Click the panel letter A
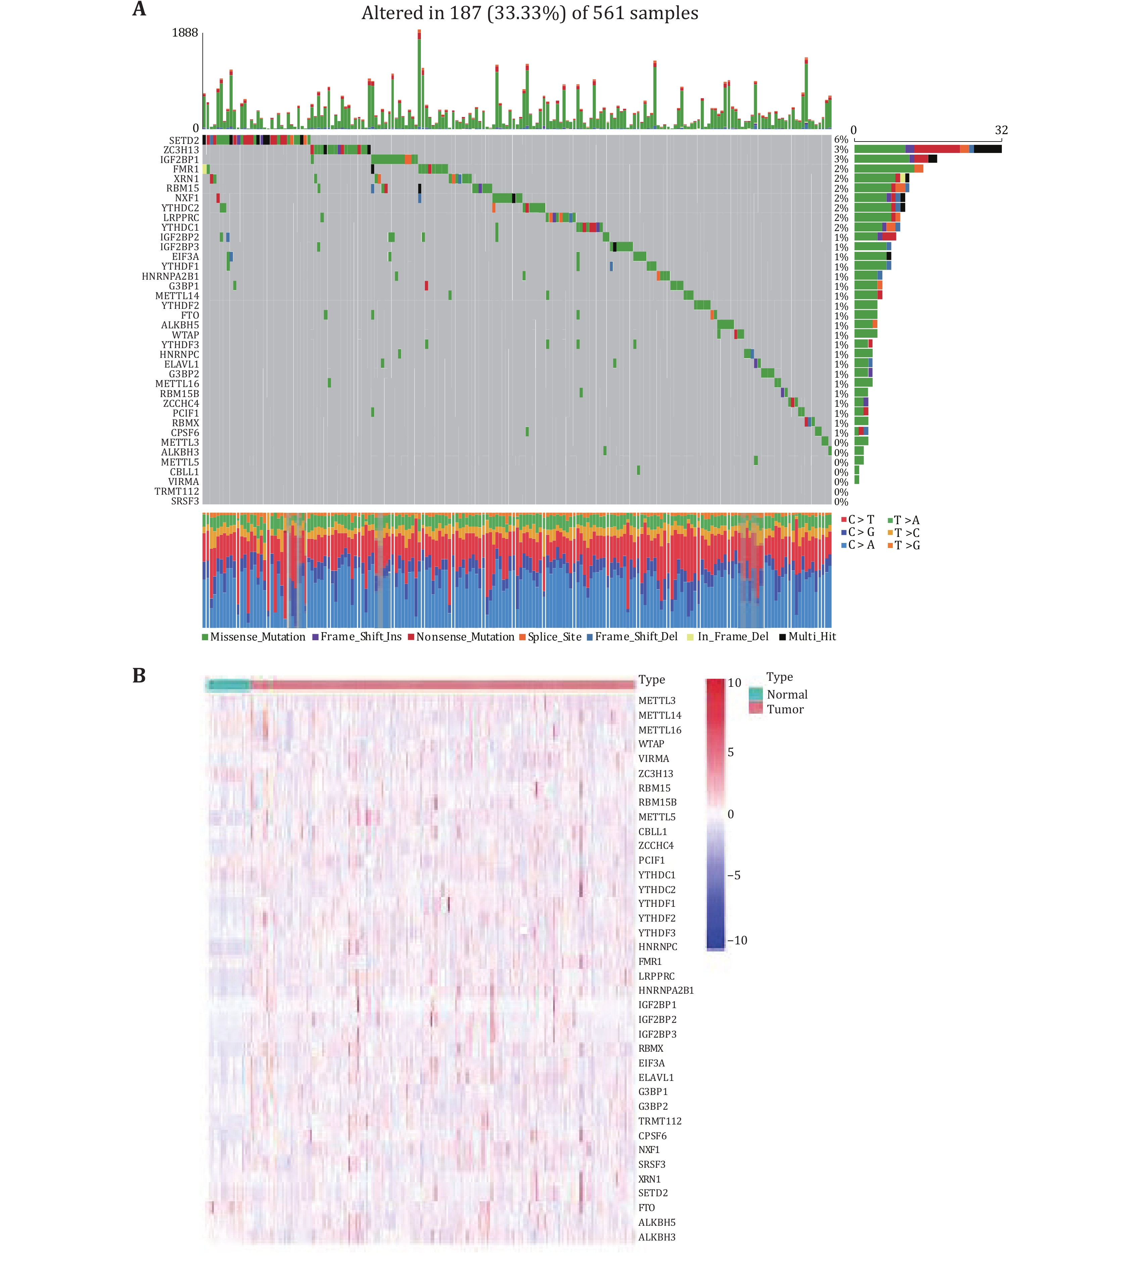pos(139,9)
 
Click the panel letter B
pos(139,675)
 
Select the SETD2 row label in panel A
pos(184,141)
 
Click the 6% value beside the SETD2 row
pos(841,140)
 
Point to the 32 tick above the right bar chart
pos(1001,130)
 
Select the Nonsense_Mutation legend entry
pos(465,637)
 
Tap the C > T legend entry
pos(861,520)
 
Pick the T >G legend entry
pos(907,545)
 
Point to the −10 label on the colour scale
pos(737,941)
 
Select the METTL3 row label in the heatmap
pos(656,701)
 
